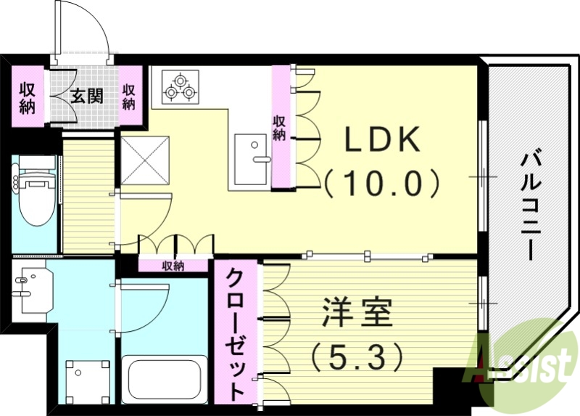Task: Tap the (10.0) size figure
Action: (382, 182)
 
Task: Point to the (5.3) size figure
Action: (357, 356)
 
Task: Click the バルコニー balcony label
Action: (534, 204)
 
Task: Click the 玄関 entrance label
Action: (86, 95)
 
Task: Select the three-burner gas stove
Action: (178, 86)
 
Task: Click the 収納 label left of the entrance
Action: (28, 98)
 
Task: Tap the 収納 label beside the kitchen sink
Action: (279, 128)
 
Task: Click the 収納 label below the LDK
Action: (174, 266)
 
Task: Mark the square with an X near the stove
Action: (144, 160)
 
